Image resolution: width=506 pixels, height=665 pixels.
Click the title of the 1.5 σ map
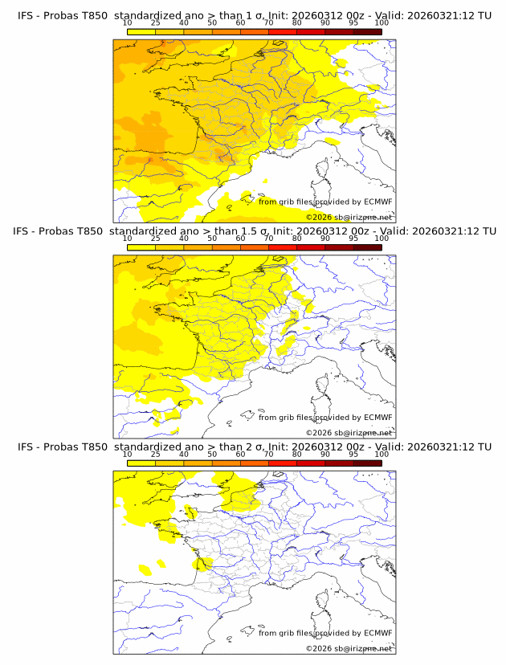[253, 231]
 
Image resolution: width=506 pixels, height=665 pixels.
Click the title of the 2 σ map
[253, 447]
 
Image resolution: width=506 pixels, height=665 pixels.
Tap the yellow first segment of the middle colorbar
[141, 247]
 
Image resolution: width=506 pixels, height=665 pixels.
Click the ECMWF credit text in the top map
[325, 202]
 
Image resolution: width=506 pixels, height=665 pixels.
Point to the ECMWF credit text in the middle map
[325, 417]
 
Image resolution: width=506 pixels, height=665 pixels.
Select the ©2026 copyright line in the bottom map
[349, 648]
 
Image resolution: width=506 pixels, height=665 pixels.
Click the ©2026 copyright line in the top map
[349, 217]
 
